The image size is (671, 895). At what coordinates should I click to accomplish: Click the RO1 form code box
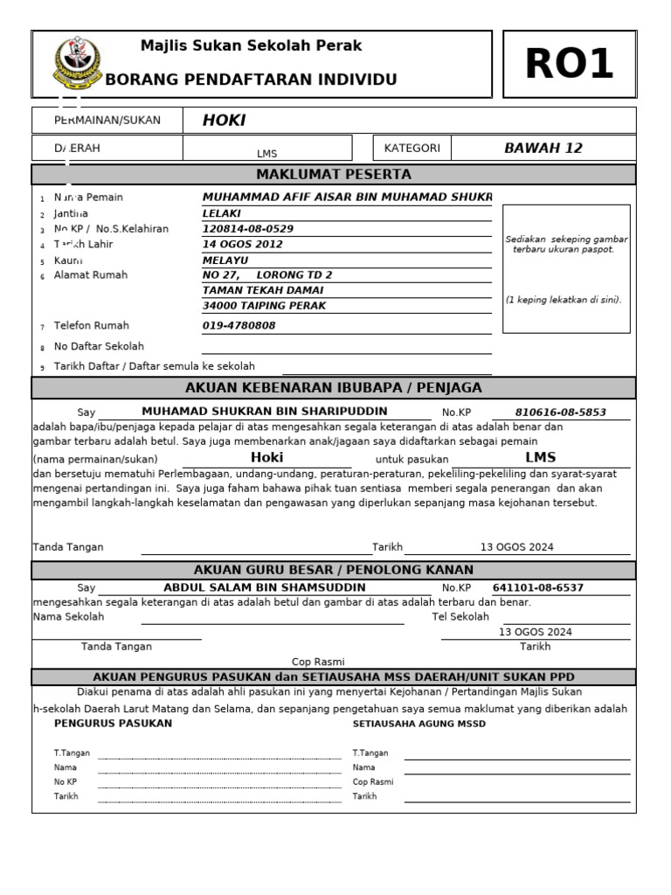(x=569, y=65)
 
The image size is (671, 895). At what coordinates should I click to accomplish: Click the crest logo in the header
(x=71, y=63)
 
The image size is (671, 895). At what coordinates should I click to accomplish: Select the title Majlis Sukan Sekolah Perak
(x=252, y=45)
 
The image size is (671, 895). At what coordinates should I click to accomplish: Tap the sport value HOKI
(x=225, y=121)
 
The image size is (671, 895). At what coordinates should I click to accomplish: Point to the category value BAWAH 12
(x=543, y=148)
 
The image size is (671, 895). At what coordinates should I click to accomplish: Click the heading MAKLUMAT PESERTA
(x=333, y=175)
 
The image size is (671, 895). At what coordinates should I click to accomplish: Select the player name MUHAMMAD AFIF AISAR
(x=347, y=198)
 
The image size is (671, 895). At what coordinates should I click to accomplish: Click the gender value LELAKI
(x=222, y=213)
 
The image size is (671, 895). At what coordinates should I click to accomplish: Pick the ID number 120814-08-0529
(x=248, y=229)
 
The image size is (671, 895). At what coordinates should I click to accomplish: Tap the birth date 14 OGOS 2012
(x=243, y=245)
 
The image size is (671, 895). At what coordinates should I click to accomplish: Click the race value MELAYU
(x=225, y=260)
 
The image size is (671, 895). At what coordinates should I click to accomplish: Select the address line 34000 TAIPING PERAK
(x=264, y=306)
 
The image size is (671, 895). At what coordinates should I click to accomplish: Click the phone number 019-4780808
(x=239, y=326)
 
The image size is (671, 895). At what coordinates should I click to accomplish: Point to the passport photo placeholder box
(x=566, y=269)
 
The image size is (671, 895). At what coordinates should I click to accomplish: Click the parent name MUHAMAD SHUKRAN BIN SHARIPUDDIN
(x=264, y=412)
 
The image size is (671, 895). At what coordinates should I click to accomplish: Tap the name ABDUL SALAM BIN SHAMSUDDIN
(x=264, y=588)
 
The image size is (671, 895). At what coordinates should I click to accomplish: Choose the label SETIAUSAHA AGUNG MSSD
(x=419, y=725)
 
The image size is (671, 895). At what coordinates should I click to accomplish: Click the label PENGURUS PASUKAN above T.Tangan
(x=113, y=724)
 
